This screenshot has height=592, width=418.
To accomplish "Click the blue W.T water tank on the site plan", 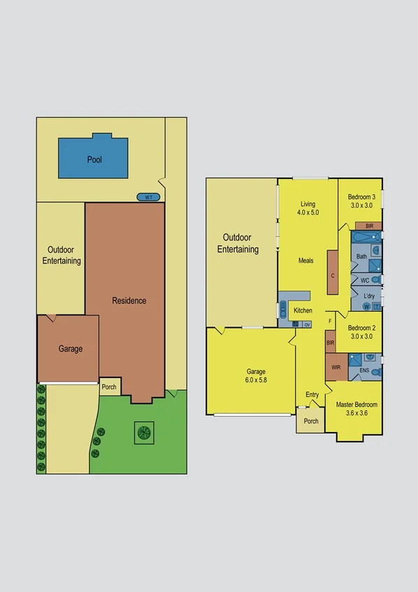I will point(148,197).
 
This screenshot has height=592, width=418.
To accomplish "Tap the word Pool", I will point(94,159).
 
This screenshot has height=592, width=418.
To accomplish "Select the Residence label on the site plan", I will point(129,301).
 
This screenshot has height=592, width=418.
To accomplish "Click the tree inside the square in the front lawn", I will point(145,433).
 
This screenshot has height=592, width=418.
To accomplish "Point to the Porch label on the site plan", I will point(109,387).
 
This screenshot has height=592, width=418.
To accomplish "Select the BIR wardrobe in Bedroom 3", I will point(368,226).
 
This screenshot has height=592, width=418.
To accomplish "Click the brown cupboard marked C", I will point(333,275).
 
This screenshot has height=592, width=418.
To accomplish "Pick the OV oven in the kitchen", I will point(306,324).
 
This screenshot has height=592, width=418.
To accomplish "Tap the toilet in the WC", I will point(375,280).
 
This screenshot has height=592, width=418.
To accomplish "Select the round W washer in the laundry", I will point(366,305).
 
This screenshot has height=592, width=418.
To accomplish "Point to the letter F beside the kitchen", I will point(329,321).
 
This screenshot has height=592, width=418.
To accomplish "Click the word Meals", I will point(305,261).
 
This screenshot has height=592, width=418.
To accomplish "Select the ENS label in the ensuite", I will point(364,370).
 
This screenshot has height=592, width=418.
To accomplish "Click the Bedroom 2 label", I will point(362,332).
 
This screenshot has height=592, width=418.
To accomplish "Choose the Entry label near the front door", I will point(312,395).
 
